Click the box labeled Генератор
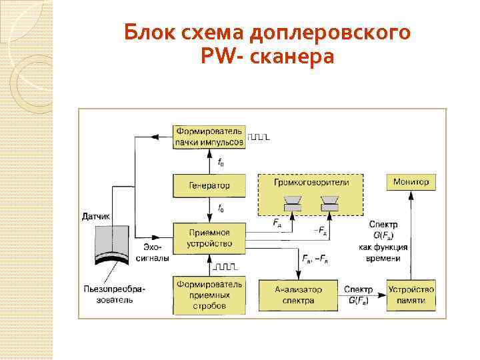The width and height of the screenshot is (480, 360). (x=210, y=185)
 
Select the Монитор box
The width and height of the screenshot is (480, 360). (x=411, y=181)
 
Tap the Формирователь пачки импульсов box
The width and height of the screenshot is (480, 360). (x=210, y=136)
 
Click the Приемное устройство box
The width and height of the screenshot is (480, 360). (x=210, y=238)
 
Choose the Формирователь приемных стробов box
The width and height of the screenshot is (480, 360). (x=210, y=295)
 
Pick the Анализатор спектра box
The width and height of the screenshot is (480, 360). (x=298, y=295)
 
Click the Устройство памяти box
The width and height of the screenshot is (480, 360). (x=411, y=295)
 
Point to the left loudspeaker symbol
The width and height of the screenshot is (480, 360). (x=292, y=203)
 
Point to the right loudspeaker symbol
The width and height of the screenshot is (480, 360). (x=329, y=203)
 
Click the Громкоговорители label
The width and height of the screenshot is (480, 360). (x=311, y=181)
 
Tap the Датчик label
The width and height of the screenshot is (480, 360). (x=96, y=216)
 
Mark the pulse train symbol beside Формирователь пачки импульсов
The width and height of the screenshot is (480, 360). (x=259, y=137)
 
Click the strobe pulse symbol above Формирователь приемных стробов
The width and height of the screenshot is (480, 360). (x=225, y=267)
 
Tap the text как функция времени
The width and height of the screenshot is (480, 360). (x=379, y=252)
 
